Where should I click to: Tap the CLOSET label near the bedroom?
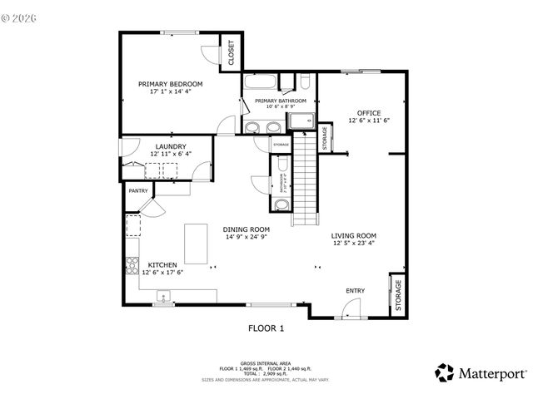pos(231,52)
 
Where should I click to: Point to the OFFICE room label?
pos(369,112)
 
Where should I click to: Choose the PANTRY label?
pos(137,190)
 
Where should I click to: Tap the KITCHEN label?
pos(162,265)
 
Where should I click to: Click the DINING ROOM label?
pos(247,229)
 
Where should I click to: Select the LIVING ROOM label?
pos(354,235)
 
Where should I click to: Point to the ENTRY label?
pos(356,290)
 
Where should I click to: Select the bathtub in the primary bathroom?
pos(261,82)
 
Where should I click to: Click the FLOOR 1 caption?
pos(266,328)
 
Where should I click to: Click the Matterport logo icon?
pos(445,372)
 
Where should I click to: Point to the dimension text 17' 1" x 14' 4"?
pos(171,92)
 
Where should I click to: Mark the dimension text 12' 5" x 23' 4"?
pos(354,244)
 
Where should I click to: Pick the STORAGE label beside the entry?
pos(398,295)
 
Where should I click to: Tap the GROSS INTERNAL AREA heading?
pos(266,362)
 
